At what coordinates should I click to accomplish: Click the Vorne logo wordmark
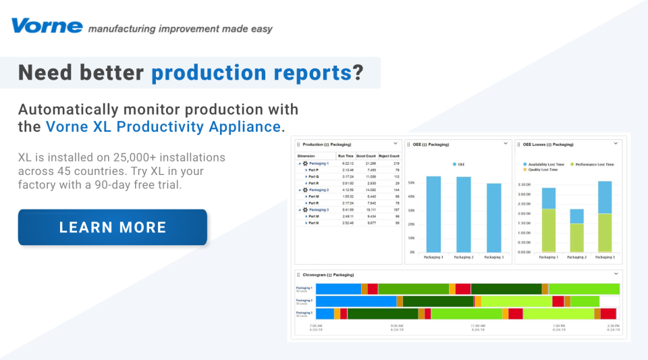47,26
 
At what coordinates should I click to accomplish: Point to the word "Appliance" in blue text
246,126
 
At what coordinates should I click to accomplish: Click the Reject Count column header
389,155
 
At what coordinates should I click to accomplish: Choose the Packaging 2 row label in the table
319,190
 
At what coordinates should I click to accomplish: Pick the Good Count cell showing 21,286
367,163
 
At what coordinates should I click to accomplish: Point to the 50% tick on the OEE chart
411,183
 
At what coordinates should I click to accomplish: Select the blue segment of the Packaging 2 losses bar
576,216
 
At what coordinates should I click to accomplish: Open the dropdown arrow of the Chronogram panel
616,274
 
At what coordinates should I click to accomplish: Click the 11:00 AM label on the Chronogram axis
478,326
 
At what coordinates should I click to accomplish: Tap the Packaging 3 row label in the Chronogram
304,313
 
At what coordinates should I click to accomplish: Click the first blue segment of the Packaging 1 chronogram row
338,289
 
